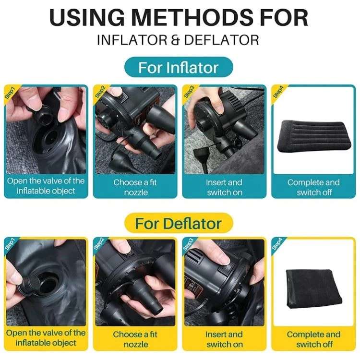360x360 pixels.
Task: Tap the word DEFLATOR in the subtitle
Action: [x=221, y=40]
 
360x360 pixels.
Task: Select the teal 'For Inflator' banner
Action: [x=179, y=68]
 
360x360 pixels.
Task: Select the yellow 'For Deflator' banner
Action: [x=179, y=223]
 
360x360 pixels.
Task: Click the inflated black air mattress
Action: [x=313, y=136]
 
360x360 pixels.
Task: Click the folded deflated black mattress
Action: [x=314, y=289]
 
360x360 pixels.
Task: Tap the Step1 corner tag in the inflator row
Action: [x=10, y=93]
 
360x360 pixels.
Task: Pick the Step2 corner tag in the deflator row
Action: [x=99, y=244]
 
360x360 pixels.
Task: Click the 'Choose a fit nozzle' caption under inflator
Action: [x=135, y=187]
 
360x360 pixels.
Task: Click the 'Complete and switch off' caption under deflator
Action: [x=313, y=339]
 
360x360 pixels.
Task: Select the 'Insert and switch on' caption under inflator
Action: [x=224, y=187]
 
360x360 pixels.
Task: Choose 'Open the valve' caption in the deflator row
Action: [x=46, y=338]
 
